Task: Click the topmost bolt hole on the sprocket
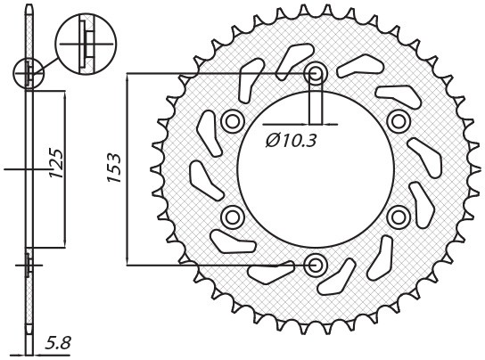(x=315, y=73)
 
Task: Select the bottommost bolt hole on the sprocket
(x=315, y=265)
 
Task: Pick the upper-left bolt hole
(x=232, y=120)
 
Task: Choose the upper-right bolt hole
(x=398, y=120)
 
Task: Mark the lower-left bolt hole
(x=232, y=217)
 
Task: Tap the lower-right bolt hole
(x=398, y=217)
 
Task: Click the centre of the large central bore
(x=315, y=169)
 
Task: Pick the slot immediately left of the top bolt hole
(x=287, y=64)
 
